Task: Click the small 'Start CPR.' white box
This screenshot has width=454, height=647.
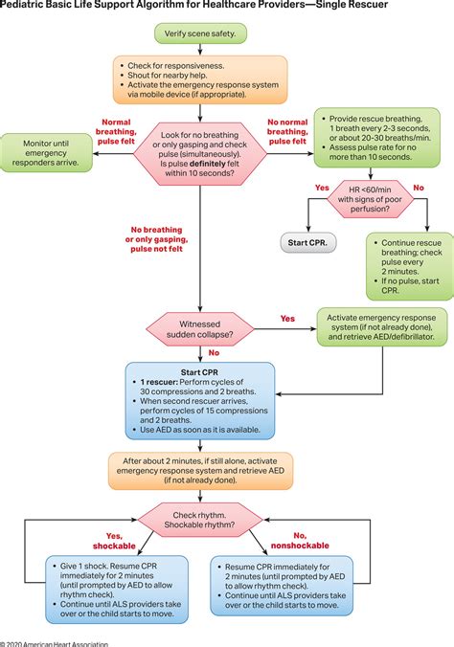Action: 306,243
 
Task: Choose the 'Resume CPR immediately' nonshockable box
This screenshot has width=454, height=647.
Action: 288,587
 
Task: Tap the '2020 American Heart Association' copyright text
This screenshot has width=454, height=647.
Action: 55,642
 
